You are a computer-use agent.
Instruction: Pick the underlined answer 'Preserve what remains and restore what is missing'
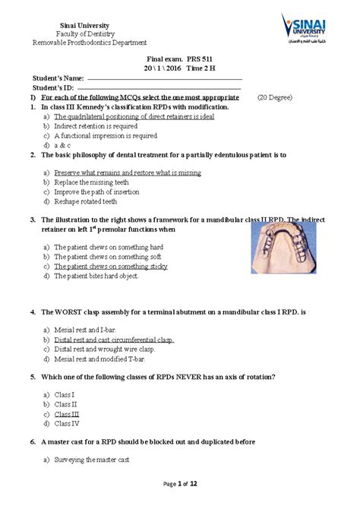127,172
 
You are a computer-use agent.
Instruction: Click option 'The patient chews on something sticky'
110,267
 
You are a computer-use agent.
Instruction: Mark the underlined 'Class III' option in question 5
66,414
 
